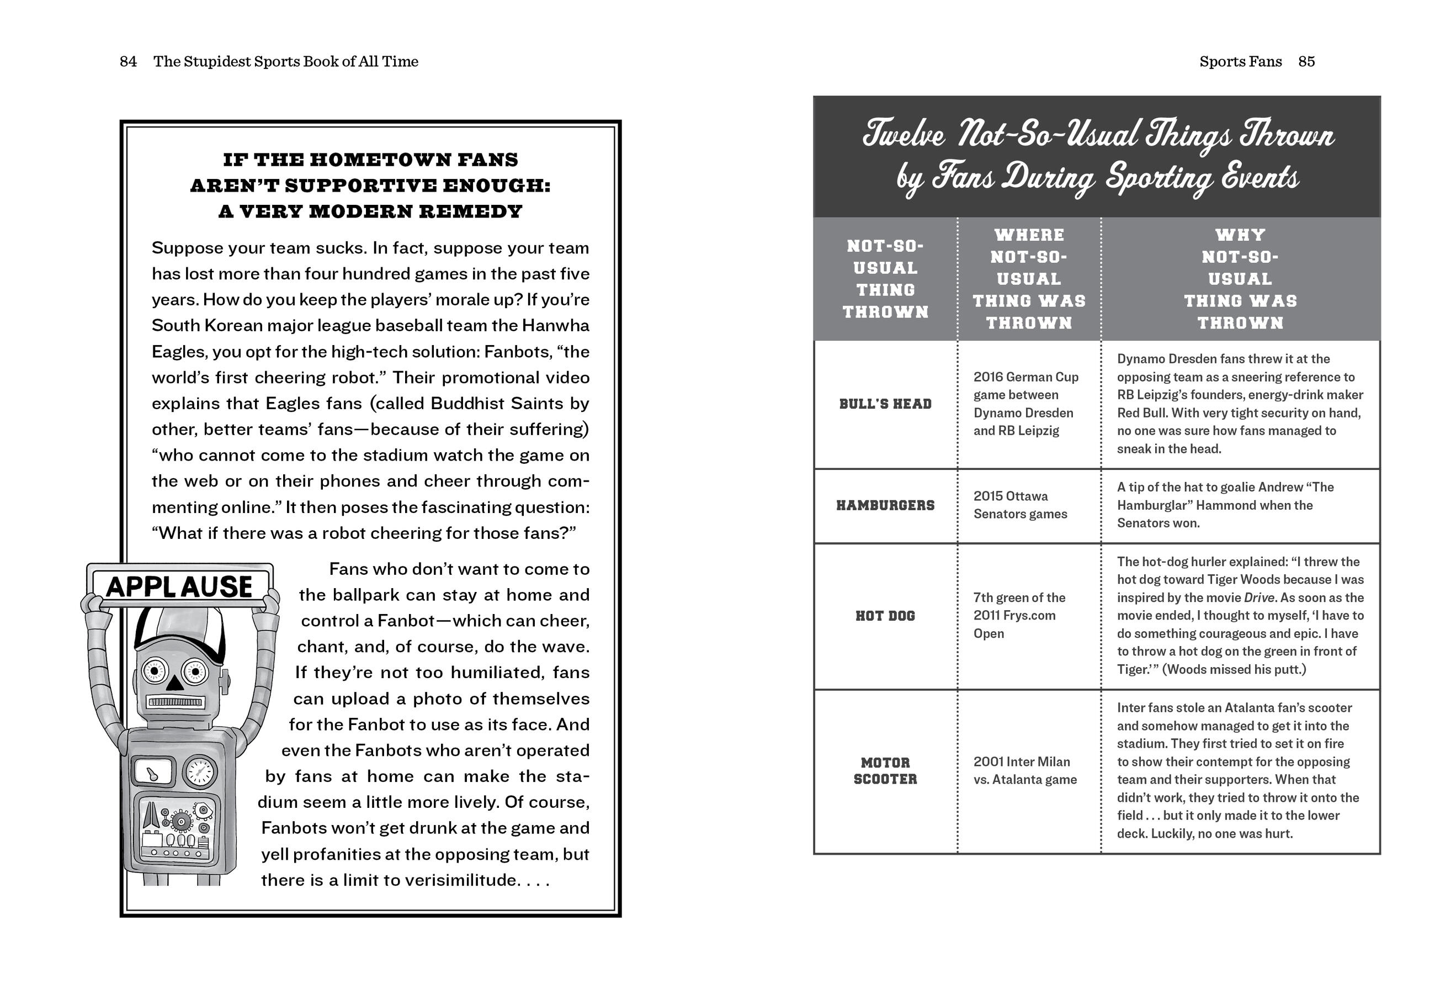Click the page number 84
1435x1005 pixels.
coord(128,61)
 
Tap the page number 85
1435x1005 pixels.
coord(1306,61)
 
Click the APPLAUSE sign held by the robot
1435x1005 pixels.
coord(179,586)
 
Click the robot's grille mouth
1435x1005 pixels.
coord(174,702)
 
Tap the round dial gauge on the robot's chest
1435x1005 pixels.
coord(199,773)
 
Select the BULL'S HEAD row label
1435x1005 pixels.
coord(885,404)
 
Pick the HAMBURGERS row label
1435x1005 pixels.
coord(885,505)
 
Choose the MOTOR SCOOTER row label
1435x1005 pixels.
coord(885,770)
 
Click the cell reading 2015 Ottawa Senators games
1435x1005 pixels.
coord(1020,505)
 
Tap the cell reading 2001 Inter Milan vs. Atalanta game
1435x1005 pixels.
coord(1025,770)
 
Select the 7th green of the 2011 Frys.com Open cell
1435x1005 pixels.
coord(1019,615)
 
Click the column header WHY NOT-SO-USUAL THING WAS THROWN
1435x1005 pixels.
coord(1240,279)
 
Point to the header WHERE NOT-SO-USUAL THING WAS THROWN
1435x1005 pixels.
coord(1029,279)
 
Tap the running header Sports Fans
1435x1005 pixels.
coord(1240,61)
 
